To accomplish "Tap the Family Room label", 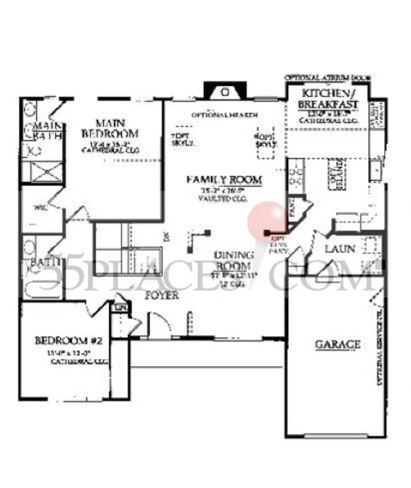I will pos(225,180).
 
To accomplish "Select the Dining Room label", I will pos(233,260).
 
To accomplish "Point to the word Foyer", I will pos(162,295).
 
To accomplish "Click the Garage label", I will pos(337,344).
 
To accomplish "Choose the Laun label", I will pos(340,249).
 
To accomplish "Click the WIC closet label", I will pos(39,208).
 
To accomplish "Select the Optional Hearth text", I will pos(225,115).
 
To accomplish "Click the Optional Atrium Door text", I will pos(328,77).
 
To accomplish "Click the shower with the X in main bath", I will pos(43,173).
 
